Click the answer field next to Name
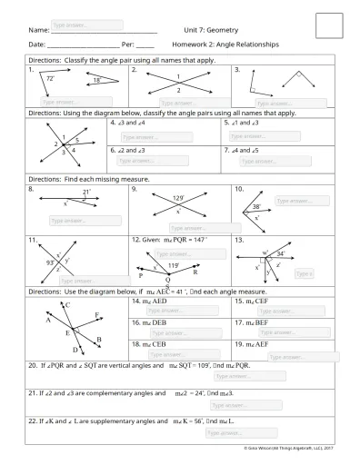coord(86,25)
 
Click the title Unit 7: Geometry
coord(210,29)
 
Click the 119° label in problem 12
coord(171,265)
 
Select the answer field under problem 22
coord(235,432)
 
